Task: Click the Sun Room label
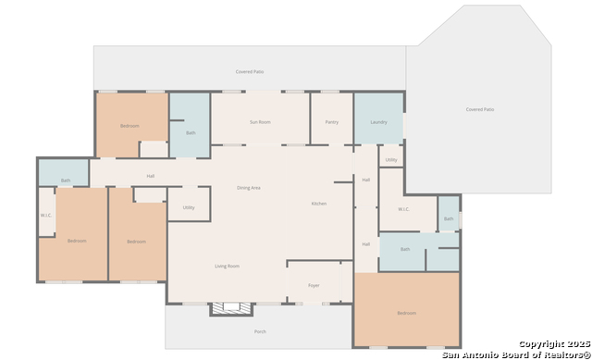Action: (260, 122)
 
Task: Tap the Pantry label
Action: (331, 122)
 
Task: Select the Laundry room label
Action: (378, 122)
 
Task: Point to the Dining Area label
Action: (249, 188)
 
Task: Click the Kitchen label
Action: (318, 204)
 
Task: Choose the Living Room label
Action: (228, 267)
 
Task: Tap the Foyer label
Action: (314, 285)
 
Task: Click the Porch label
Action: (259, 331)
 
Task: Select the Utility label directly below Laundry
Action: (391, 160)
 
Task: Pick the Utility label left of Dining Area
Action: (189, 207)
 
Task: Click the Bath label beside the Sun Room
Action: (191, 132)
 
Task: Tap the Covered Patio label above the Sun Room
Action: (250, 71)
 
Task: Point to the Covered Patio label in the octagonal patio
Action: (479, 109)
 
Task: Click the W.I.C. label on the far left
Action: (46, 216)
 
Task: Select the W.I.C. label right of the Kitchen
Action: (404, 209)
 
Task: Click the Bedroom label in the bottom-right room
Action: (406, 314)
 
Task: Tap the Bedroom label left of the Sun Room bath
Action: (129, 126)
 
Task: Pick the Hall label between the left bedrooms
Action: (150, 176)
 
